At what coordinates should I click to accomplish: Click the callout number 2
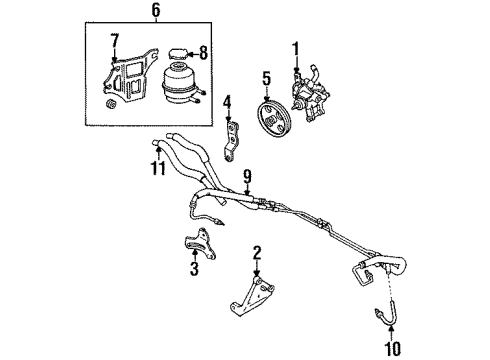(258, 251)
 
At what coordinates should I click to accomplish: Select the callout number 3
(195, 268)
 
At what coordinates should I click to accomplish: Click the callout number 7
(115, 39)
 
